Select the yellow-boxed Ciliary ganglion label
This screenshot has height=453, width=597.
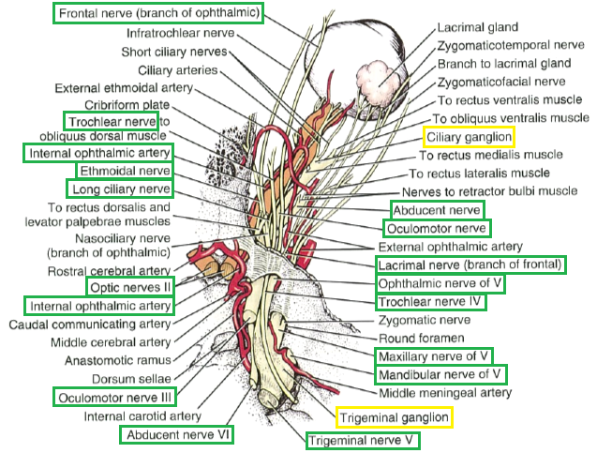coord(469,137)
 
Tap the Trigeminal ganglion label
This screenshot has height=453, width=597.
coord(394,415)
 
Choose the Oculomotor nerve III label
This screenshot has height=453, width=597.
coord(113,397)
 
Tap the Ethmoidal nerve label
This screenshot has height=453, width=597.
coord(125,172)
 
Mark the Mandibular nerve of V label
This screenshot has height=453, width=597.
coord(433,375)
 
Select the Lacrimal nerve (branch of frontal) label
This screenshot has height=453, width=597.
coord(470,264)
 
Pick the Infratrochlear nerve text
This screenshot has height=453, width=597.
coord(180,33)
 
